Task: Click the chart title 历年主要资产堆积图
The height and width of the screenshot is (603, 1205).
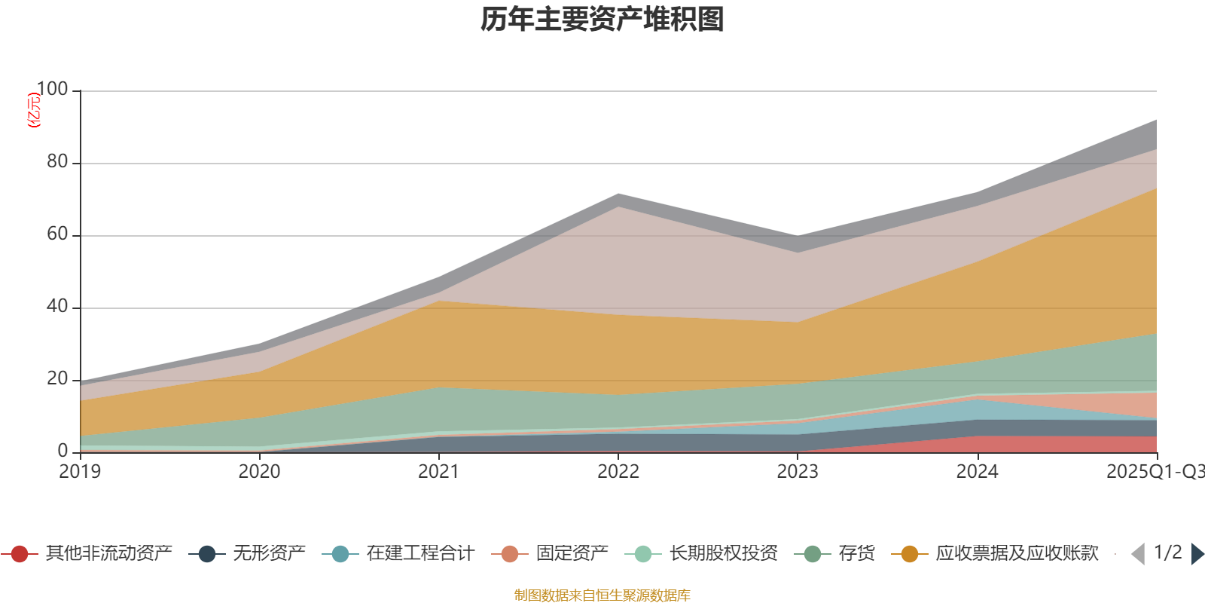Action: pos(602,20)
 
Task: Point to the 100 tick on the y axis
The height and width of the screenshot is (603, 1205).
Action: pos(52,90)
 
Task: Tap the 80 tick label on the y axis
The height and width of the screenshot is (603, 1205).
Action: pos(57,162)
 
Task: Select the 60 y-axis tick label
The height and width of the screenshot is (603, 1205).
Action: pos(57,234)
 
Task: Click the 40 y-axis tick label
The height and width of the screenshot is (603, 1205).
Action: pos(57,307)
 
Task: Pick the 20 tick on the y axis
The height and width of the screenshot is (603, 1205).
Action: pos(57,379)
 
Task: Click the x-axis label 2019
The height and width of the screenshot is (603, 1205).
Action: pos(80,472)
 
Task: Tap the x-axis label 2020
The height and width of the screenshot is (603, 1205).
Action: pos(259,472)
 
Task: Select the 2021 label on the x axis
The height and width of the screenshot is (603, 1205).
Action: pos(438,472)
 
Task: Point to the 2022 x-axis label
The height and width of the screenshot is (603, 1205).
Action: pos(618,472)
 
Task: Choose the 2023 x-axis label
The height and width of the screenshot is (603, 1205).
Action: pos(798,472)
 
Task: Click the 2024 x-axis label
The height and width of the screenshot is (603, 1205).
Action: pos(977,472)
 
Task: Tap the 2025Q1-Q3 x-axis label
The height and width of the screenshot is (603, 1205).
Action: pos(1154,472)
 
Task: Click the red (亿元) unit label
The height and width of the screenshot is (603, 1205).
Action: pos(33,110)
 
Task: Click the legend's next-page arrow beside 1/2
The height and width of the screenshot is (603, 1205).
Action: pos(1197,554)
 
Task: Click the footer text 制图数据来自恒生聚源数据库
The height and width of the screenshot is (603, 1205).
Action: pos(602,595)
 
